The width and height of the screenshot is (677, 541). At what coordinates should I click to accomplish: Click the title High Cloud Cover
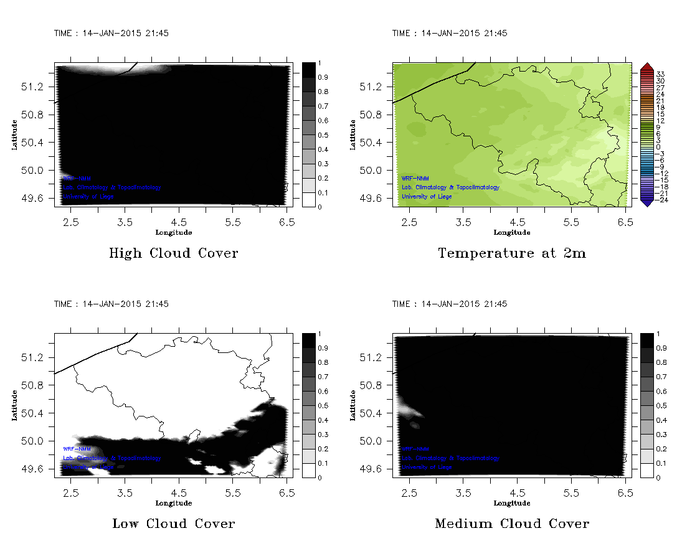pos(173,253)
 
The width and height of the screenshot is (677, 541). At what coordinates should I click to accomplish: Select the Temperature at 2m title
pos(512,253)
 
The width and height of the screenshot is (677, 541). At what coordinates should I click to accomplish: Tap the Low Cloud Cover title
pos(173,524)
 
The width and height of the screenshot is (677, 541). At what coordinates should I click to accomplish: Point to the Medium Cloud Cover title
pos(512,524)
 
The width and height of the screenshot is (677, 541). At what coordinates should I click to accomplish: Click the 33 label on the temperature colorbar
pos(661,73)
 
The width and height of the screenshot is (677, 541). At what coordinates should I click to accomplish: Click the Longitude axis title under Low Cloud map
pos(173,503)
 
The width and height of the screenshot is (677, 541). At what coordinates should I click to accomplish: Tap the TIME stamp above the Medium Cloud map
pos(449,304)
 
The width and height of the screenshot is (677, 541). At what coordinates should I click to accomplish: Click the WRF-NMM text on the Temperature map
pos(415,179)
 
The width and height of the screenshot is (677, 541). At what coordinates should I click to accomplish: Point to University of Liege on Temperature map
pos(427,197)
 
